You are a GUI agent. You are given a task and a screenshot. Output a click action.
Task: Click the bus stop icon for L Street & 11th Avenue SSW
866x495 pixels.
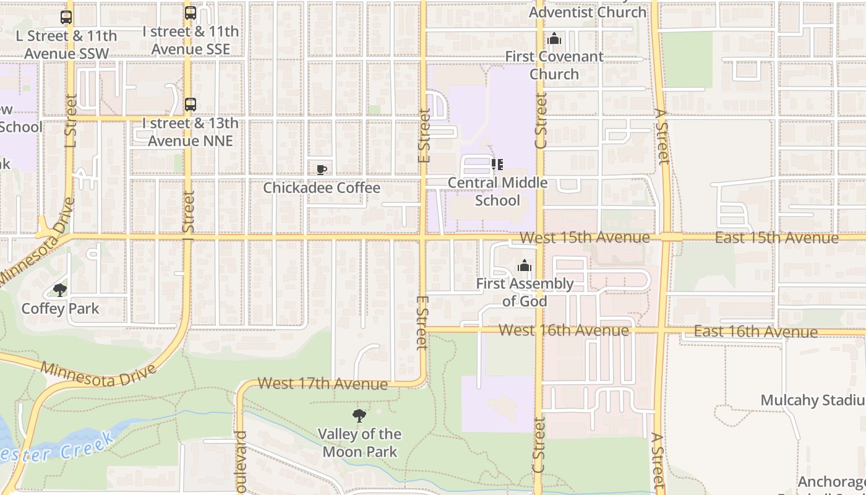click(66, 17)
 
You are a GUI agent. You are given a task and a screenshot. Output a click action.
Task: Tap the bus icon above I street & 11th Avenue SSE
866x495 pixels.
click(191, 12)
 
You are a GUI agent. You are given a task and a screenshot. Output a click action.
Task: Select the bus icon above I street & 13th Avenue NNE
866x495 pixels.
click(191, 105)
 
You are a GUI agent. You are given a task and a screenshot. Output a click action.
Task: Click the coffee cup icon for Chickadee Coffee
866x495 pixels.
click(322, 170)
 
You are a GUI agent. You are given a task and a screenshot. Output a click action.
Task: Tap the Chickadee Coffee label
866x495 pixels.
click(322, 187)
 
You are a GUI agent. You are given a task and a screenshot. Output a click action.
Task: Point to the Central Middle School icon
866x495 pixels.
click(497, 165)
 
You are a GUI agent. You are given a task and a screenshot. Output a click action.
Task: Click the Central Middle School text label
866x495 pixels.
click(497, 192)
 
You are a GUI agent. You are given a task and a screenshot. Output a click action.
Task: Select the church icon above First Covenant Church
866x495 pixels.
click(554, 39)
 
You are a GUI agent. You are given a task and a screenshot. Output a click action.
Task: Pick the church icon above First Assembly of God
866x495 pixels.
click(525, 266)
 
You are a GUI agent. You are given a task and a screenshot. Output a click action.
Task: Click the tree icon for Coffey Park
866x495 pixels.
click(60, 290)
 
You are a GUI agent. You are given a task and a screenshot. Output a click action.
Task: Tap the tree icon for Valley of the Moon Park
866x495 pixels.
click(359, 415)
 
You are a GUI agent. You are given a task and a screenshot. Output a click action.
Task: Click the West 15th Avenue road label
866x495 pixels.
click(585, 238)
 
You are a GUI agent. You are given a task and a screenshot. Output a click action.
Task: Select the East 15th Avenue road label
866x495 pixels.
click(776, 238)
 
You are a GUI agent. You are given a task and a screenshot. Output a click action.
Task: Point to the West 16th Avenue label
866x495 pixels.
click(564, 330)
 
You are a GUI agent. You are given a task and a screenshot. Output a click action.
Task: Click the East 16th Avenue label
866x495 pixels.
click(755, 332)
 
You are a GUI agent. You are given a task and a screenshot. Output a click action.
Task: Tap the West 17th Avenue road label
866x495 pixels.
click(322, 384)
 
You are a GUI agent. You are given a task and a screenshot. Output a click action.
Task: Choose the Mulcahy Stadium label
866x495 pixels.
click(812, 400)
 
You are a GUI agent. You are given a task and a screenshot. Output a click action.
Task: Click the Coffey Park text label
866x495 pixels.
click(60, 308)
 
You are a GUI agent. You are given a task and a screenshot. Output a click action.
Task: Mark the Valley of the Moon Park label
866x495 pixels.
click(359, 442)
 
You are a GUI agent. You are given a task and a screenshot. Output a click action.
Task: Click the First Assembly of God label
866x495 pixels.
click(525, 293)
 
